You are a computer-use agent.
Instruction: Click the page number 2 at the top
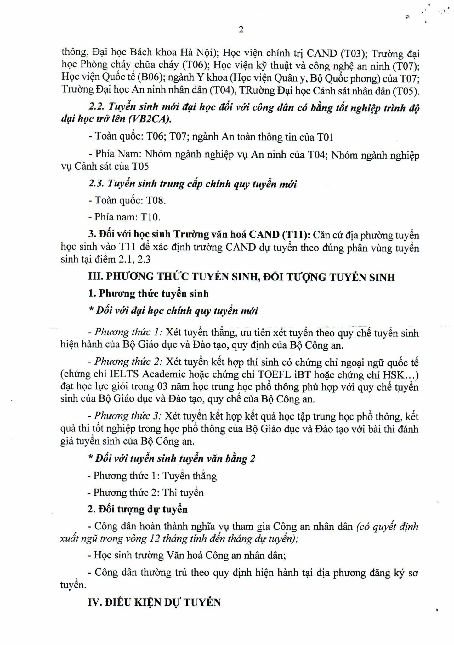(x=241, y=30)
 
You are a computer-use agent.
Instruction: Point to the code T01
(x=325, y=137)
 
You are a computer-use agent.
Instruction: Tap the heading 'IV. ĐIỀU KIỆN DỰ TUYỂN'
(x=154, y=602)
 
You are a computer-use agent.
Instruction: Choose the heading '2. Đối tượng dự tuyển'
(x=138, y=510)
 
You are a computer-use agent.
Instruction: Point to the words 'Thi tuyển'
(x=183, y=493)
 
